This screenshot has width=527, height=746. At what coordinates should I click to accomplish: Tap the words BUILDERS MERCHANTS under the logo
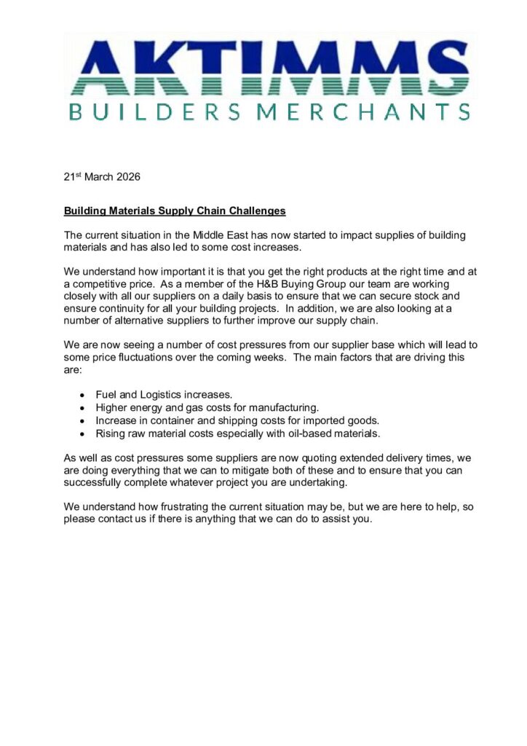[x=269, y=111]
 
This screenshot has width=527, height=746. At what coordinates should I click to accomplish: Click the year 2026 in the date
[x=127, y=177]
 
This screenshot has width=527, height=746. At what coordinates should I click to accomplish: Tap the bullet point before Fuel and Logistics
[x=82, y=395]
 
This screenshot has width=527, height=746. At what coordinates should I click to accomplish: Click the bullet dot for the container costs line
[x=82, y=421]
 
